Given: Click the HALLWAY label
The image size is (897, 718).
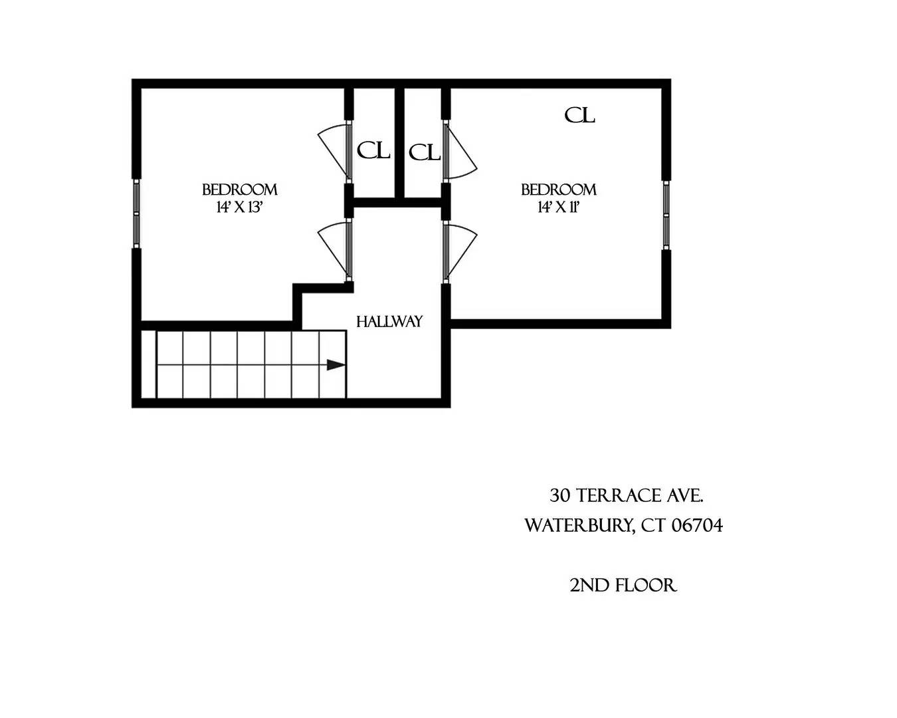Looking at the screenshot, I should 389,322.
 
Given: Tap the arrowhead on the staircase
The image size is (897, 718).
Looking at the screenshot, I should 336,365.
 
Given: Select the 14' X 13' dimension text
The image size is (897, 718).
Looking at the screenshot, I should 240,207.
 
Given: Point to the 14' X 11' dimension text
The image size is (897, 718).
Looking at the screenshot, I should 559,207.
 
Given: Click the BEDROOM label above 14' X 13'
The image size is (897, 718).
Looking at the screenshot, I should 239,190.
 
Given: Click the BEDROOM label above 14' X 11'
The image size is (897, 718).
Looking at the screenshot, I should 558,190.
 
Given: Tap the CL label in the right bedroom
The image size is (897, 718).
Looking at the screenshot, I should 579,116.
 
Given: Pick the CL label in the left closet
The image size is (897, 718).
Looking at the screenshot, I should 373,151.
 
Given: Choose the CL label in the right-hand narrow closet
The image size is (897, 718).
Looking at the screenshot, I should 425,154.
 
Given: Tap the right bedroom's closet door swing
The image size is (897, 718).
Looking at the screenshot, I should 460,152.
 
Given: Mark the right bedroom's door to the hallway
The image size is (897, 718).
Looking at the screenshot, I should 460,250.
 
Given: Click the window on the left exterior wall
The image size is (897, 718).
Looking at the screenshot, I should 136,213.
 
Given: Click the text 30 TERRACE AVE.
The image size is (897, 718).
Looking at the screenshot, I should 626,496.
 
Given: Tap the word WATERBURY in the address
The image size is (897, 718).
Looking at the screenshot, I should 577,526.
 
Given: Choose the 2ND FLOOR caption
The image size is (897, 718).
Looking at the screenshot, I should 623,586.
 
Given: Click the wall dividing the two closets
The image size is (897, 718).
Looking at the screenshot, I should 399,142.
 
